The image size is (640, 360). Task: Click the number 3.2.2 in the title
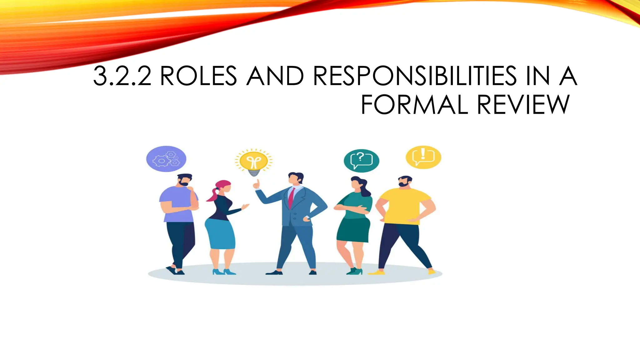pos(122,76)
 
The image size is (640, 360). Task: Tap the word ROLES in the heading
pos(198,76)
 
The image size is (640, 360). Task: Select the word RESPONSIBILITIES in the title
pos(415,76)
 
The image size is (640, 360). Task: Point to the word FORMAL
pos(414,105)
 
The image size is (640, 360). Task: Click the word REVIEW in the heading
pos(523,105)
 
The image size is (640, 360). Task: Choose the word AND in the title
pos(275,76)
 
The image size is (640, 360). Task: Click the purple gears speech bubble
pos(166,159)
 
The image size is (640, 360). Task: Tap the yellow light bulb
pos(254,163)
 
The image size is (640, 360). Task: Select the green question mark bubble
pos(362,160)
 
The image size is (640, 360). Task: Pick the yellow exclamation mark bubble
pos(423,157)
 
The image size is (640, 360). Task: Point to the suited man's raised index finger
pos(257,182)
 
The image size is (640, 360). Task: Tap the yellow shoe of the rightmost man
pos(377,272)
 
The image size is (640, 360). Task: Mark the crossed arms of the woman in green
pos(352,209)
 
